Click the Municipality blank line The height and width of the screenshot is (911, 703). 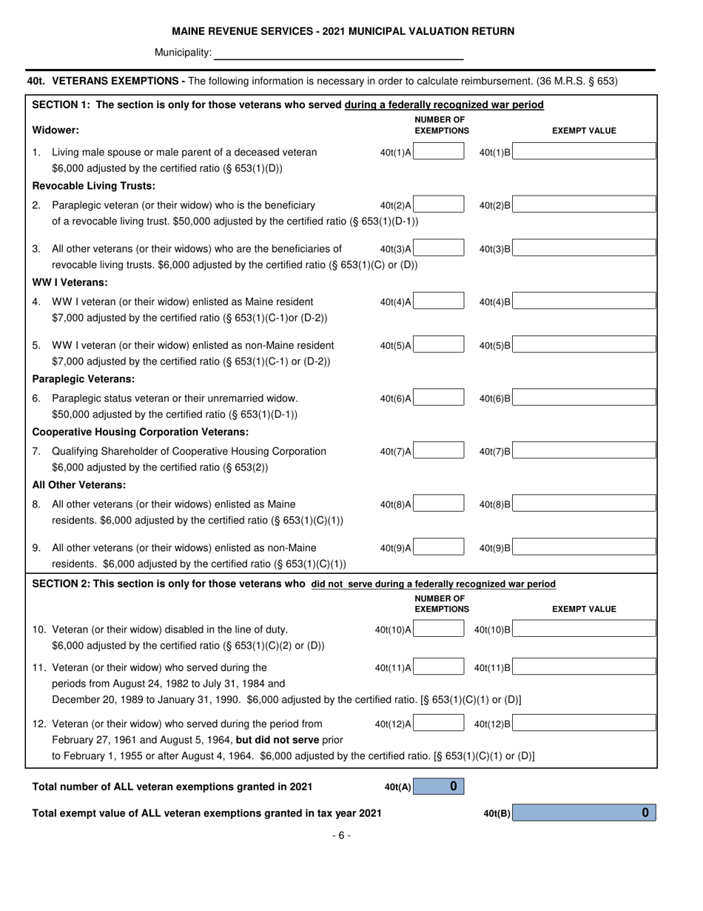pyautogui.click(x=338, y=53)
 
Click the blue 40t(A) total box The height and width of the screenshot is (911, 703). pyautogui.click(x=439, y=787)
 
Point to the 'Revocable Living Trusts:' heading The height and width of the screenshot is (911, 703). pyautogui.click(x=93, y=185)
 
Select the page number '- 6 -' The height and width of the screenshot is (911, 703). pyautogui.click(x=341, y=835)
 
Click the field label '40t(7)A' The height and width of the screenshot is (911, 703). pyautogui.click(x=395, y=452)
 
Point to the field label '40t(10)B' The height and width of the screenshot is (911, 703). pyautogui.click(x=491, y=630)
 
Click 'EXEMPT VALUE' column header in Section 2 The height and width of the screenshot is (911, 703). pyautogui.click(x=585, y=609)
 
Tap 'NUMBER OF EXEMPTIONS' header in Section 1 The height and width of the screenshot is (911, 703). pyautogui.click(x=441, y=125)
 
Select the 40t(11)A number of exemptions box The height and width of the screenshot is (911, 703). pyautogui.click(x=439, y=668)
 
